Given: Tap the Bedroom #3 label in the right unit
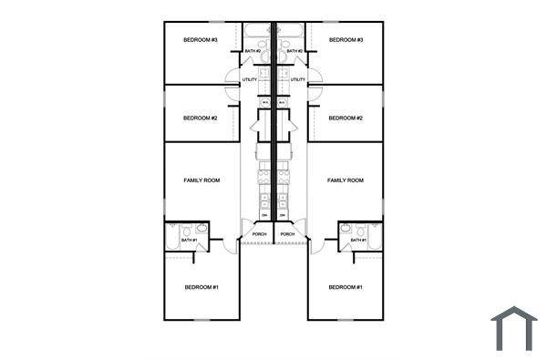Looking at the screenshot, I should [x=346, y=40].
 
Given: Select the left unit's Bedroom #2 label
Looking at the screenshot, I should [x=201, y=118].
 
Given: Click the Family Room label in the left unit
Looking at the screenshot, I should [x=202, y=180].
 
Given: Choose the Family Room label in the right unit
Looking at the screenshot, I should [x=346, y=180].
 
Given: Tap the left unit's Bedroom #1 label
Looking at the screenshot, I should [x=202, y=287].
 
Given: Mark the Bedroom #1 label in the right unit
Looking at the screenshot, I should [x=346, y=287].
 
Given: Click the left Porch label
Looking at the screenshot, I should [x=259, y=234].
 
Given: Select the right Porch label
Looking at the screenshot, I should [x=287, y=234].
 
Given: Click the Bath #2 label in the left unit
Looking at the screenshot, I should [x=253, y=51].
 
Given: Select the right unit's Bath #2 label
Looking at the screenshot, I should [x=294, y=51].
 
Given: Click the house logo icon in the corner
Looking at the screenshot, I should [x=513, y=328].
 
